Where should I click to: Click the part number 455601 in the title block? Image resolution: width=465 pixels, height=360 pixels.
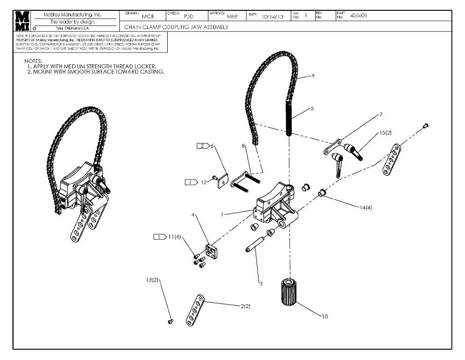pyautogui.click(x=358, y=15)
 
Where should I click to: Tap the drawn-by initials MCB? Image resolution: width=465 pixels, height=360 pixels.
pyautogui.click(x=148, y=16)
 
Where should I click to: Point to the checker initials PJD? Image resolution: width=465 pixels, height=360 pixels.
pyautogui.click(x=188, y=16)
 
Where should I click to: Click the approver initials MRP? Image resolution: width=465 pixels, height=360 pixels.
pyautogui.click(x=232, y=16)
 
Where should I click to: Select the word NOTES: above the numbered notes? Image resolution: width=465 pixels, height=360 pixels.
pyautogui.click(x=33, y=61)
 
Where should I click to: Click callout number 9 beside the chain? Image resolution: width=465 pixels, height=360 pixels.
pyautogui.click(x=313, y=75)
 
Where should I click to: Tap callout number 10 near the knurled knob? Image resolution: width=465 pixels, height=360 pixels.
pyautogui.click(x=325, y=316)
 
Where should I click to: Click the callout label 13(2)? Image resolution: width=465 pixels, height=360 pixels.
pyautogui.click(x=153, y=280)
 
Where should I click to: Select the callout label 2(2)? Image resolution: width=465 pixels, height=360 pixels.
pyautogui.click(x=245, y=306)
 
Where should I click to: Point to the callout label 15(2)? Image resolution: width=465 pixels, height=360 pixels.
pyautogui.click(x=385, y=133)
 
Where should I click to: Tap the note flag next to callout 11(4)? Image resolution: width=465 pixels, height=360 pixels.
pyautogui.click(x=160, y=237)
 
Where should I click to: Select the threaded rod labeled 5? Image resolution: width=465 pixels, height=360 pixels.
pyautogui.click(x=289, y=119)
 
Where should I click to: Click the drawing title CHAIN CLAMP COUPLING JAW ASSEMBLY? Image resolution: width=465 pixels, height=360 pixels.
pyautogui.click(x=176, y=27)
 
